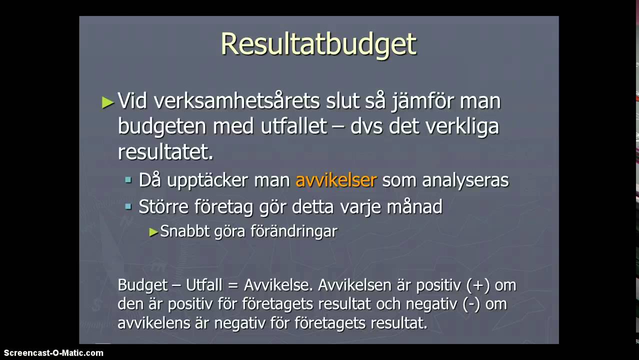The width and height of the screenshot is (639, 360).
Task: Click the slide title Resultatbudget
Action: click(318, 44)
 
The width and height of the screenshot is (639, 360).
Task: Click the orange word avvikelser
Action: click(335, 180)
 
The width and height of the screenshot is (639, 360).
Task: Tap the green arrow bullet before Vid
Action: click(107, 102)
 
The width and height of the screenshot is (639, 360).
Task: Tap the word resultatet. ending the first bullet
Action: click(165, 152)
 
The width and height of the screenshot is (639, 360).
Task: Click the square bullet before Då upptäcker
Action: click(128, 179)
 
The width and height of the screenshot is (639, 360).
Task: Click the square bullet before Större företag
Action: click(128, 205)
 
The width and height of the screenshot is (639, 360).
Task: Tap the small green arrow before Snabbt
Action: click(153, 232)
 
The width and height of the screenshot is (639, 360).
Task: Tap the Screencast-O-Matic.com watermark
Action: click(52, 353)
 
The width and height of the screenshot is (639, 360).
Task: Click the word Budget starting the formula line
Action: click(142, 285)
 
